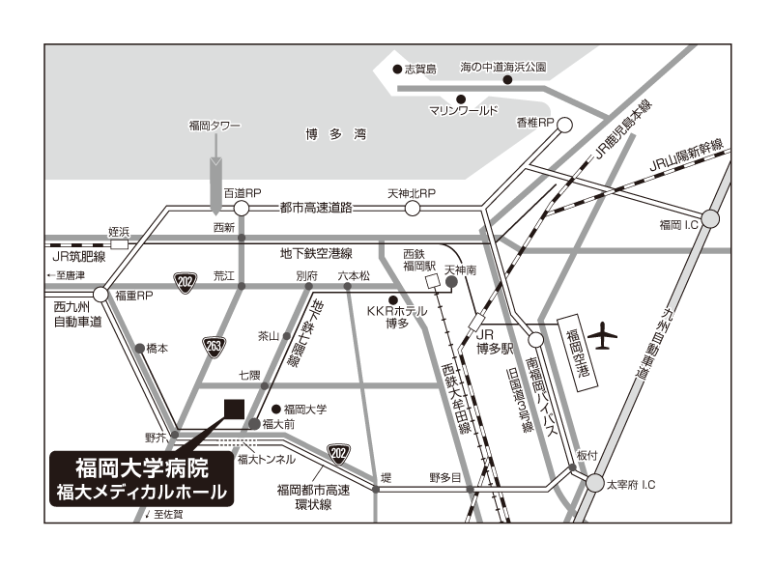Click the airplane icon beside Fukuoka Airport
(x=602, y=336)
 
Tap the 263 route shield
(x=214, y=348)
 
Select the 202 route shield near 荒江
(x=186, y=283)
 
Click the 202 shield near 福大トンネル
(x=338, y=454)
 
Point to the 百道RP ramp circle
(x=241, y=209)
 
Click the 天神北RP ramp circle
(x=413, y=209)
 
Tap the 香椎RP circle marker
(x=564, y=126)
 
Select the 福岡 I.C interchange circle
(x=710, y=218)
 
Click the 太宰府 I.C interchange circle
(x=595, y=483)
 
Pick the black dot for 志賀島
(x=397, y=69)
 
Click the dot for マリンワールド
(x=461, y=99)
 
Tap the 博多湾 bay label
(x=336, y=134)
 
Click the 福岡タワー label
(x=215, y=126)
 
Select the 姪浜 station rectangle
(x=119, y=244)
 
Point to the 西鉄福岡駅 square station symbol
(x=432, y=282)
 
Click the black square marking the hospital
(x=234, y=409)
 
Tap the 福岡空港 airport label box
(x=577, y=354)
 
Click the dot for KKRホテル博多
(x=393, y=300)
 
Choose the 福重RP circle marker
(x=100, y=295)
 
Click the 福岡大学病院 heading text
(x=142, y=468)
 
